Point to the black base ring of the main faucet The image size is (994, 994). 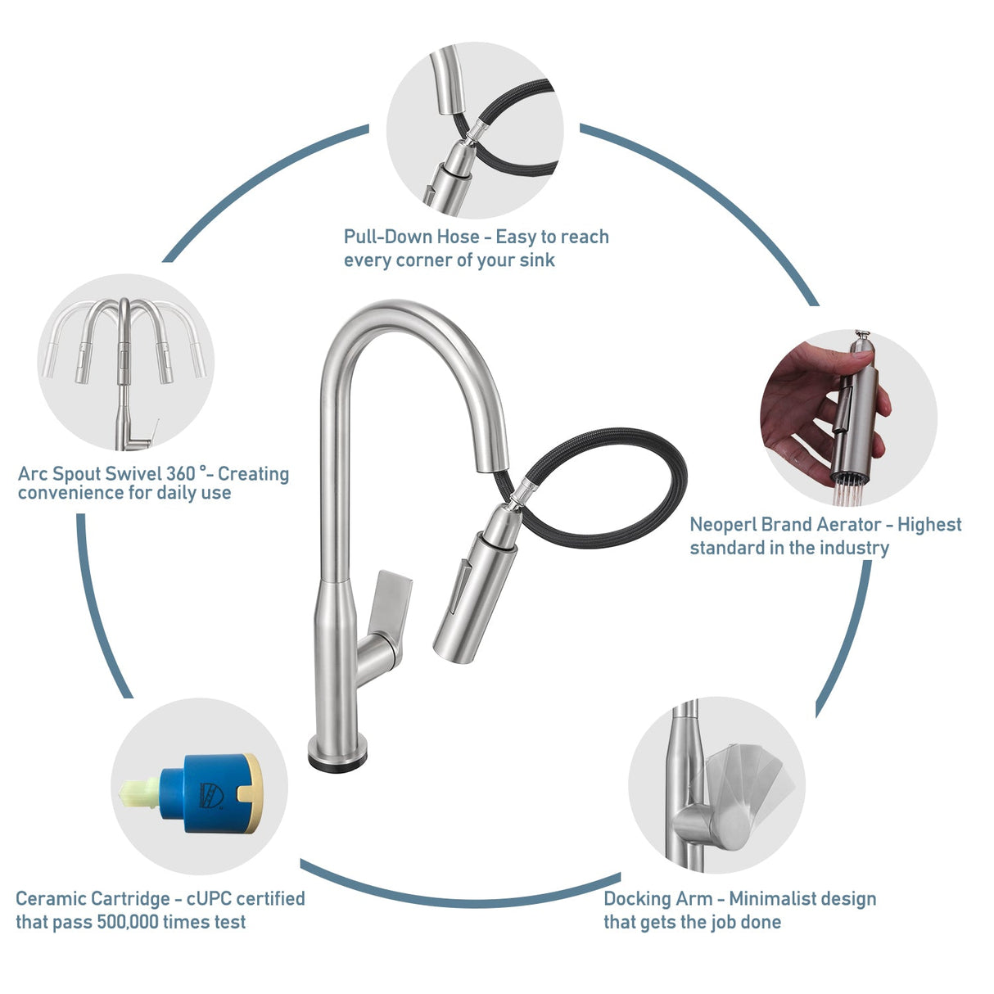point(337,760)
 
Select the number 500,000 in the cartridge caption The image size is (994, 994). point(127,922)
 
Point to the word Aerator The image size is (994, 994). point(848,525)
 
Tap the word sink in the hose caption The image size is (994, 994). point(538,260)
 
